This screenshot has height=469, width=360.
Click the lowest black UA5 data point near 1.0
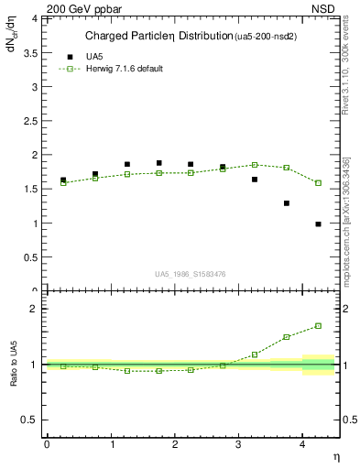coord(319,224)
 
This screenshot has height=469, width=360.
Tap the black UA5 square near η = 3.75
coord(287,203)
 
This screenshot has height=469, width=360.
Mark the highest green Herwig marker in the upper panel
coord(255,165)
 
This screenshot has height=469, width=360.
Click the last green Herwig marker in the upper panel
coord(319,183)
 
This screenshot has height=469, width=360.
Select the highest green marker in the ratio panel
coord(319,325)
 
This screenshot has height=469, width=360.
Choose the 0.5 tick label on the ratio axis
coord(32,420)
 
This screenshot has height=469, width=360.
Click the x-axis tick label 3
coord(238,444)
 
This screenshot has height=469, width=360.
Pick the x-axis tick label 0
coord(47,444)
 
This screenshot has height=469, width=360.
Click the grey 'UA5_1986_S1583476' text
coord(191,273)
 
